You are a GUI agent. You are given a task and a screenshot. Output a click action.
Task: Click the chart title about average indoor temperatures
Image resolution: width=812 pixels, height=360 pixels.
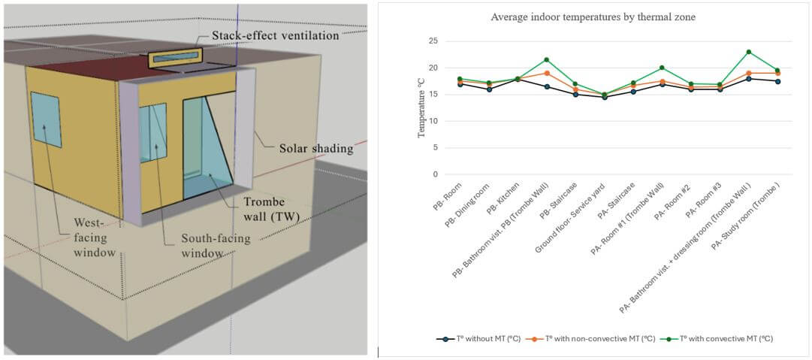click(593, 17)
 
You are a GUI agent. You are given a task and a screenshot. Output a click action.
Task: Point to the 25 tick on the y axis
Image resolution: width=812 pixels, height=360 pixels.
click(432, 41)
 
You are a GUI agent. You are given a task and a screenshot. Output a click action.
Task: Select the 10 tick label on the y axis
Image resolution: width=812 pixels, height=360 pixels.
click(432, 121)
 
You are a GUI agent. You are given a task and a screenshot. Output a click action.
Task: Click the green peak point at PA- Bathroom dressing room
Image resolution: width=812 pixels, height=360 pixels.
click(749, 52)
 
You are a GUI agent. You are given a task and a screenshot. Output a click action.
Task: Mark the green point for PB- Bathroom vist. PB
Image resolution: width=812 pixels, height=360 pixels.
click(546, 59)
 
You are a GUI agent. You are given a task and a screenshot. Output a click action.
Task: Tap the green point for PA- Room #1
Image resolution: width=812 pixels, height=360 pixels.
click(662, 68)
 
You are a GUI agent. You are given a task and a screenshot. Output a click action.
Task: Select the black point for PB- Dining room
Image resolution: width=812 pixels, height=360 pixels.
click(489, 89)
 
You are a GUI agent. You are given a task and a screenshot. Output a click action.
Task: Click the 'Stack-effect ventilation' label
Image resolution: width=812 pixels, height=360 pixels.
click(275, 35)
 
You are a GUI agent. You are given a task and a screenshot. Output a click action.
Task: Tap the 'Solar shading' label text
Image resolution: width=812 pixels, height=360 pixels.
click(315, 147)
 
